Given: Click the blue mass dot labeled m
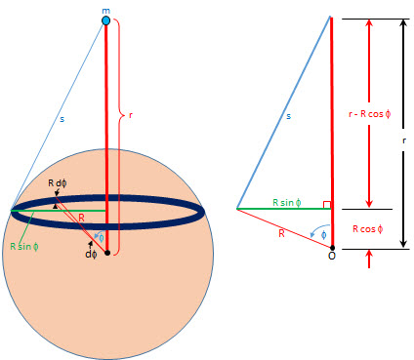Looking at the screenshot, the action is (105, 20).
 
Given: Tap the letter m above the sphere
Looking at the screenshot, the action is (105, 8).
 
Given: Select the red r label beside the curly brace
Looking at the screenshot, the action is (131, 115).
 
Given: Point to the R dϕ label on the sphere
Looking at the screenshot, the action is (60, 182).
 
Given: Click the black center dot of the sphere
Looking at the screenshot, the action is (106, 253).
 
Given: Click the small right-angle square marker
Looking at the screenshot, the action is (329, 205).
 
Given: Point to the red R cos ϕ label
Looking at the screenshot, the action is (368, 228).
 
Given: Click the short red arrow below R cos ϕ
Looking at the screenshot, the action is (368, 259).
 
